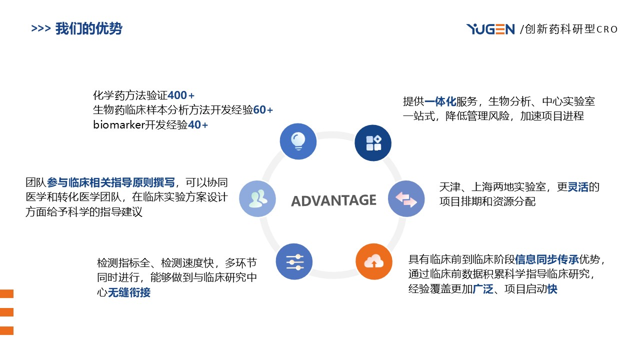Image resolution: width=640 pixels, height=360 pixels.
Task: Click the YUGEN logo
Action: coord(490,29)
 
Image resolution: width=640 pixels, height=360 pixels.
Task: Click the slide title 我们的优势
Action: coord(88,28)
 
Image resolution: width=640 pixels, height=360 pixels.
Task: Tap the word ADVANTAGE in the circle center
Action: coord(333,200)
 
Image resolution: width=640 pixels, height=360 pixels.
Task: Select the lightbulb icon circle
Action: coord(298,141)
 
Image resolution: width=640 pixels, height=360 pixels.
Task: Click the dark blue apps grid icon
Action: coord(373,143)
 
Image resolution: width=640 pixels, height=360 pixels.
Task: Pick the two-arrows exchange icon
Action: coord(406,198)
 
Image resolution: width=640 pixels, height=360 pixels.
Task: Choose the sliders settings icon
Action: coord(294,261)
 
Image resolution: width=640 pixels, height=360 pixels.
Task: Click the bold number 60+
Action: coord(263,110)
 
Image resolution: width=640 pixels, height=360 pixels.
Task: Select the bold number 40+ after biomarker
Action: coord(198,125)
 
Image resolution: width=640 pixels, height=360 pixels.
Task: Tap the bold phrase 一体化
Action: coord(440,101)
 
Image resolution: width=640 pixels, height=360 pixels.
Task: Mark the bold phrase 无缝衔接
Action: coord(129,293)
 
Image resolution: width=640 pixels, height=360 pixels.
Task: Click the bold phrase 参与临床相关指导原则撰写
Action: coord(111,183)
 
